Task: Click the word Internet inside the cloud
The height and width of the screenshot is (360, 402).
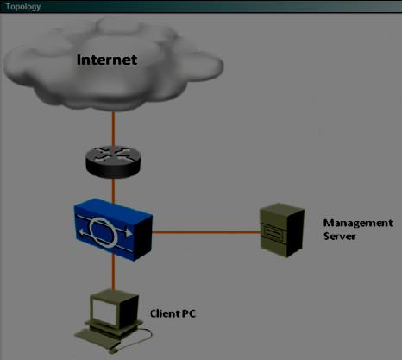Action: pos(107,60)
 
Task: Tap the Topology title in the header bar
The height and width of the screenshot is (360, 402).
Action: pos(23,7)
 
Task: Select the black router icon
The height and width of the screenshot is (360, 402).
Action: pos(113,161)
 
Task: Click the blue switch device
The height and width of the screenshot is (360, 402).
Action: pos(113,230)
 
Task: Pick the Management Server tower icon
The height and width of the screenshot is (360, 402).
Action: pos(282,231)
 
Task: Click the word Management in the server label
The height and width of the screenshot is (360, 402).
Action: pos(358,223)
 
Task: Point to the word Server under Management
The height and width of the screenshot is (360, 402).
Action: pos(340,237)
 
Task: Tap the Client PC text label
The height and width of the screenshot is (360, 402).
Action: pos(173,313)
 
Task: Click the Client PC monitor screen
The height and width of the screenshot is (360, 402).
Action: pos(104,313)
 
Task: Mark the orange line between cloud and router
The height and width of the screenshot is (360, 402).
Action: pos(114,129)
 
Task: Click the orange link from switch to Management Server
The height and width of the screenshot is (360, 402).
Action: pos(206,232)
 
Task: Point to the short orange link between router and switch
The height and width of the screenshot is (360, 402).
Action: pos(114,191)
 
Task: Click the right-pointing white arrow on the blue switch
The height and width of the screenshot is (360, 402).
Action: pos(127,231)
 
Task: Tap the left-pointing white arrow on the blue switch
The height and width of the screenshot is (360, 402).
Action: pos(83,231)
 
